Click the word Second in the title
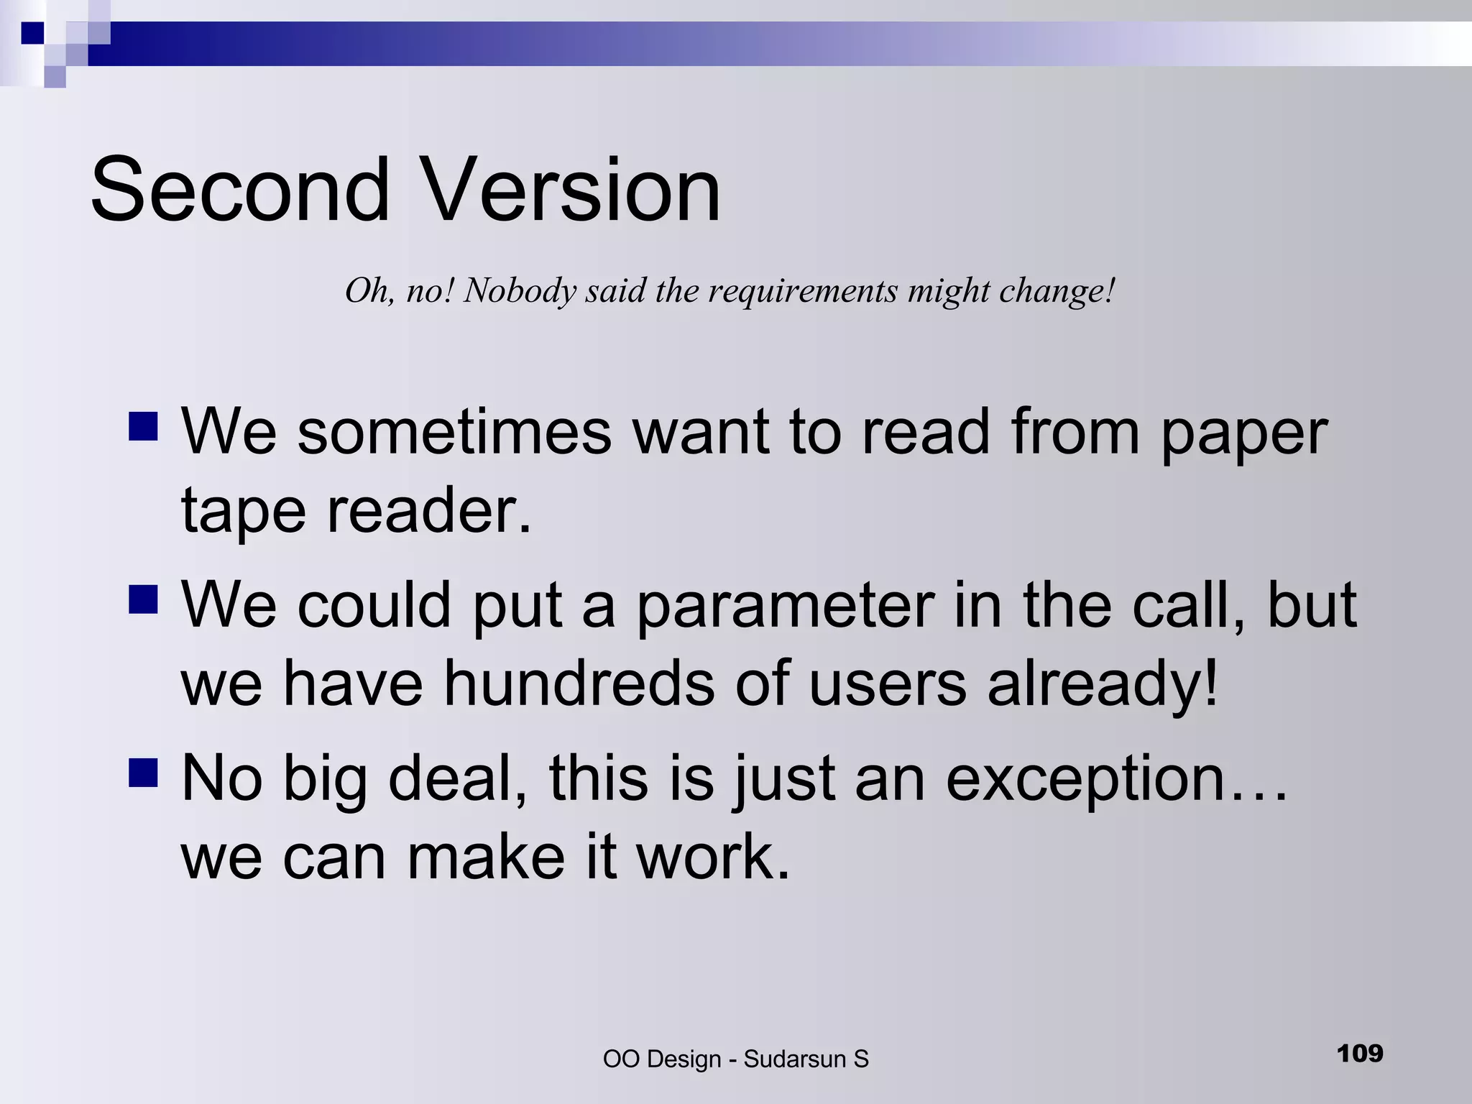[x=240, y=190]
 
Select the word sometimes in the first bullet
[x=454, y=432]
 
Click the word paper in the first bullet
[x=1244, y=433]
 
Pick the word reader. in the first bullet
[x=429, y=510]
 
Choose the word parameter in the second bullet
[x=786, y=606]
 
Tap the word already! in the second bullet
[x=1103, y=684]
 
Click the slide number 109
[x=1360, y=1054]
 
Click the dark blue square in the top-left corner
[x=32, y=33]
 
